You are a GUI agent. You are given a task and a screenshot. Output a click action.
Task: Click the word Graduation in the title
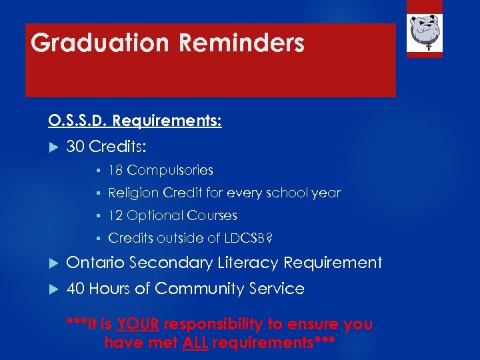coord(100,43)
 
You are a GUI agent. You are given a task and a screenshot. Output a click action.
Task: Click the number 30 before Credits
coord(76,146)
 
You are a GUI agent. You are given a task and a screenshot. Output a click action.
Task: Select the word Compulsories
coord(170,171)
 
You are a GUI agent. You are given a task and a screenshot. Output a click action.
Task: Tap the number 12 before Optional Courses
coord(115,215)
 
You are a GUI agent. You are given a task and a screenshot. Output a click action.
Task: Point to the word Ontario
coord(95,263)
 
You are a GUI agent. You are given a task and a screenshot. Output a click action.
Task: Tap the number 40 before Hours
coord(75,289)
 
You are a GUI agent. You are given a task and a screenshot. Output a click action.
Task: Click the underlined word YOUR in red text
coord(137,325)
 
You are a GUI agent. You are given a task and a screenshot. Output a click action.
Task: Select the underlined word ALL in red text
coord(196,343)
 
